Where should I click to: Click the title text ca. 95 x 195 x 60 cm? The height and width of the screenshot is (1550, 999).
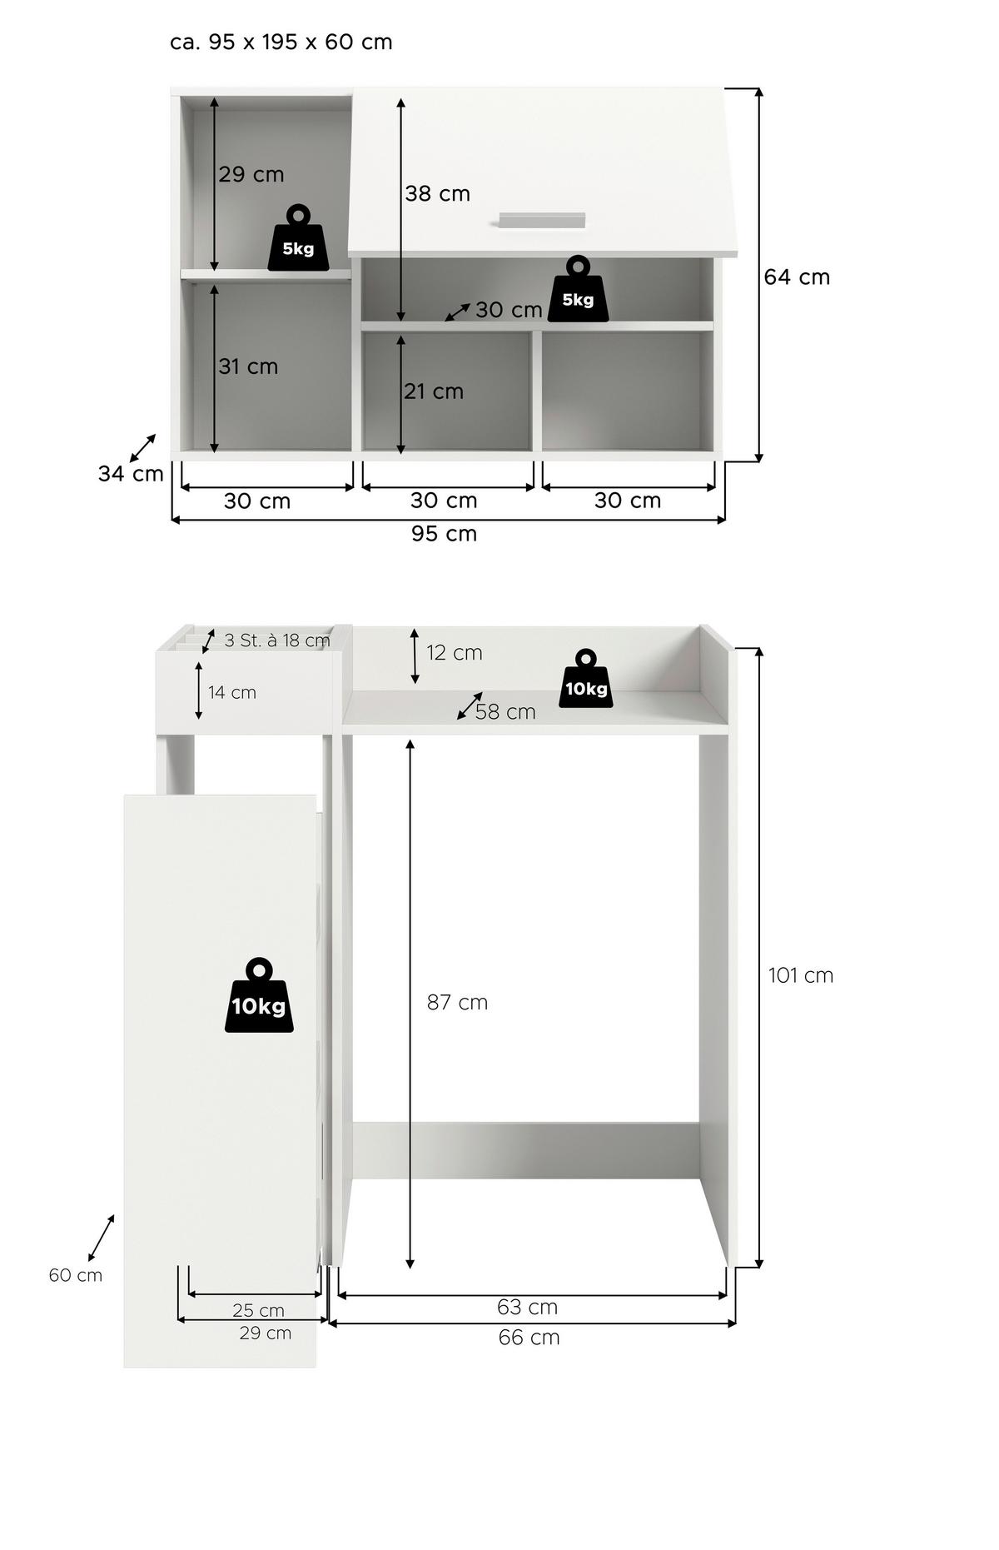click(x=281, y=42)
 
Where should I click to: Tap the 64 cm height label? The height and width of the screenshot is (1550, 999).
click(x=797, y=277)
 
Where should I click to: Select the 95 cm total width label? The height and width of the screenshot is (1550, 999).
click(x=444, y=534)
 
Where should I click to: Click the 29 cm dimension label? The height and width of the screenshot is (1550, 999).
click(x=251, y=175)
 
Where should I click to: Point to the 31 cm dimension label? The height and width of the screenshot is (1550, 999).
click(x=248, y=366)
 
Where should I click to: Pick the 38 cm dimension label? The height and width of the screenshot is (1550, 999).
click(x=437, y=194)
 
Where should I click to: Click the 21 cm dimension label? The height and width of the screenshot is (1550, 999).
click(x=433, y=391)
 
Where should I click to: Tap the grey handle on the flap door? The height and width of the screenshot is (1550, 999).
click(x=542, y=220)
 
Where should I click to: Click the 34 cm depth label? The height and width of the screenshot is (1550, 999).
click(x=131, y=474)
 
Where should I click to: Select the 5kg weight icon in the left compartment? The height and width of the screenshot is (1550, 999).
click(x=298, y=239)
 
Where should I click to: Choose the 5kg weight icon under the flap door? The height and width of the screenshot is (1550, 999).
click(x=578, y=290)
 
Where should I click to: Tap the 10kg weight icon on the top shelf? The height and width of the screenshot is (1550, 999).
click(x=586, y=680)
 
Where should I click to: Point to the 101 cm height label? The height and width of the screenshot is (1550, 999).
click(x=800, y=975)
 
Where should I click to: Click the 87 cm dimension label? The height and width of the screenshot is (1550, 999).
click(x=457, y=1003)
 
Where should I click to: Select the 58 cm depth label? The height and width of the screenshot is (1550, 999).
click(x=505, y=712)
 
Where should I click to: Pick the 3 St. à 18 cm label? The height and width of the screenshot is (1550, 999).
click(x=277, y=640)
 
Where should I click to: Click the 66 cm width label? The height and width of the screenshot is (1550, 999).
click(x=529, y=1338)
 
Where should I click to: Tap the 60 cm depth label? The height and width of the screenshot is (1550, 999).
click(x=76, y=1275)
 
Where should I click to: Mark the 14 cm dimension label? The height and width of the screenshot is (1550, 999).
click(x=231, y=692)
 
